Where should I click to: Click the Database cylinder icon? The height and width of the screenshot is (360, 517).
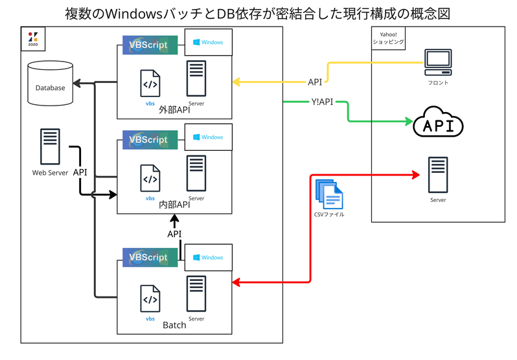50,84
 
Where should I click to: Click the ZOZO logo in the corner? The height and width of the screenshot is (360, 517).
33,39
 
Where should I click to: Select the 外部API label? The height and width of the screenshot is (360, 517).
174,110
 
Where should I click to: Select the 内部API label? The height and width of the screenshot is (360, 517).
174,205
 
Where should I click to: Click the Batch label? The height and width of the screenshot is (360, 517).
174,324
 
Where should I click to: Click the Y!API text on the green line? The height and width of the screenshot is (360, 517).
322,101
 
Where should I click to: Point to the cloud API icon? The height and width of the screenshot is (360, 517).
438,123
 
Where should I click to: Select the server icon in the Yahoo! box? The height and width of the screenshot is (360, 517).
438,174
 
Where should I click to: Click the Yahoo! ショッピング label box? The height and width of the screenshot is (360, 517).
388,38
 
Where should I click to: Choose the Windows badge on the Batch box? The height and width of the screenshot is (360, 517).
207,257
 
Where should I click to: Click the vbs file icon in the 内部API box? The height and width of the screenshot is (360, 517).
150,179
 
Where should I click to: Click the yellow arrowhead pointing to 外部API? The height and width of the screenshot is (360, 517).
237,82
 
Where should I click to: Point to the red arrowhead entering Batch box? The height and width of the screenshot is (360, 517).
237,282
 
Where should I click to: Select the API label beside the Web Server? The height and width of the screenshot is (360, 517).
80,172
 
